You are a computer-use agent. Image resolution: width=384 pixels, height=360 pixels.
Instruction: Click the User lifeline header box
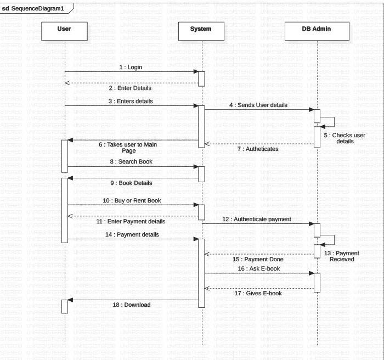(64, 29)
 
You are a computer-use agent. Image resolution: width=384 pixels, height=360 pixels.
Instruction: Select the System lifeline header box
(201, 29)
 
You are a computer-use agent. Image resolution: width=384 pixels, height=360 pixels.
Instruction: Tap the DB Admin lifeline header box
(317, 29)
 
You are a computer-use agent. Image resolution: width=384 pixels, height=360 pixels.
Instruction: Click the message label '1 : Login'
(131, 67)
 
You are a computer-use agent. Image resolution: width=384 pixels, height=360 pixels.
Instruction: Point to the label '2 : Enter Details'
(130, 88)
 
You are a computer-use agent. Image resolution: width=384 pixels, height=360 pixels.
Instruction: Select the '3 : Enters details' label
(131, 101)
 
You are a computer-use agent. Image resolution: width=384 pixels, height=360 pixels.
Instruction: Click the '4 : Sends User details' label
(258, 105)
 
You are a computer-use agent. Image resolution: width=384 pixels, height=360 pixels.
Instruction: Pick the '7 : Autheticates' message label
(257, 149)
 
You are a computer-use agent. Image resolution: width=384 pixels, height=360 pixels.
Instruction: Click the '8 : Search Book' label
(131, 162)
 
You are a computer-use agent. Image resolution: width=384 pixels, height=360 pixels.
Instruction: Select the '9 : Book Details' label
(131, 183)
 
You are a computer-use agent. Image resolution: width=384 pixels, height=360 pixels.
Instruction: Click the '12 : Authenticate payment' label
(257, 219)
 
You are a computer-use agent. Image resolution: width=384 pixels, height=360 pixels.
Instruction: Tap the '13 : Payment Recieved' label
(344, 256)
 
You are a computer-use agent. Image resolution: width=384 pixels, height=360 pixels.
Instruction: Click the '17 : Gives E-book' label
(257, 293)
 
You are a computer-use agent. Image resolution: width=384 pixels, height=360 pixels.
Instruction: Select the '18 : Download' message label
(132, 305)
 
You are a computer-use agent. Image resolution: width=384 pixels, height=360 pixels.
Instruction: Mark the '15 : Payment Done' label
(257, 258)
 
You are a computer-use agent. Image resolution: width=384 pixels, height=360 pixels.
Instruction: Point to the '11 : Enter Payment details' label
(131, 222)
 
